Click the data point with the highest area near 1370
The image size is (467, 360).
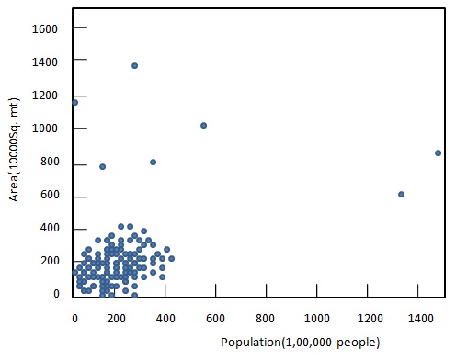(134, 66)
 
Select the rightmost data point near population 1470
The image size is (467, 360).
(438, 152)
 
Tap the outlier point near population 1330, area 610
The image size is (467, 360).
(401, 194)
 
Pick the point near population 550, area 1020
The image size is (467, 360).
(203, 125)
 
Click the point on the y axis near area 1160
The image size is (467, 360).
(74, 102)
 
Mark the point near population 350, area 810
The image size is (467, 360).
(153, 162)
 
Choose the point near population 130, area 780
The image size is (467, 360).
(102, 166)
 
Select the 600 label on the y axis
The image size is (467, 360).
(49, 197)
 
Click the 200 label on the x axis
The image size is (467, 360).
(115, 319)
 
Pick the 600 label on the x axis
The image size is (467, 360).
(216, 319)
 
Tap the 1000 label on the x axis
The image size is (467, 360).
(317, 319)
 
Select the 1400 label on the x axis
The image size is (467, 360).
(417, 319)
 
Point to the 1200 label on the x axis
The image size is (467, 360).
(368, 319)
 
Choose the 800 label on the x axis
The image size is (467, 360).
(267, 319)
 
